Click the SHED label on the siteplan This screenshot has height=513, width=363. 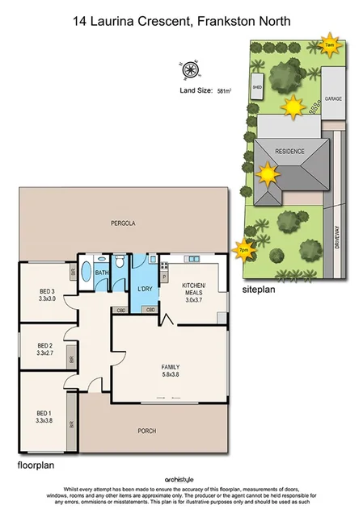pyautogui.click(x=258, y=85)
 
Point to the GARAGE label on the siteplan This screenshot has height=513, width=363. pyautogui.click(x=334, y=98)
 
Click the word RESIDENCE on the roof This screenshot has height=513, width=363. pyautogui.click(x=289, y=150)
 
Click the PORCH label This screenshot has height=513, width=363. pyautogui.click(x=146, y=430)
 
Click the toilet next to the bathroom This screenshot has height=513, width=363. pyautogui.click(x=119, y=262)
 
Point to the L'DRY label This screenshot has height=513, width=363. pyautogui.click(x=146, y=289)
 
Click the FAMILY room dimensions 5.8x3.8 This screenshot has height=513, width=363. pyautogui.click(x=171, y=374)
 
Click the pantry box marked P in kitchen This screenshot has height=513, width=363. pyautogui.click(x=164, y=277)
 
